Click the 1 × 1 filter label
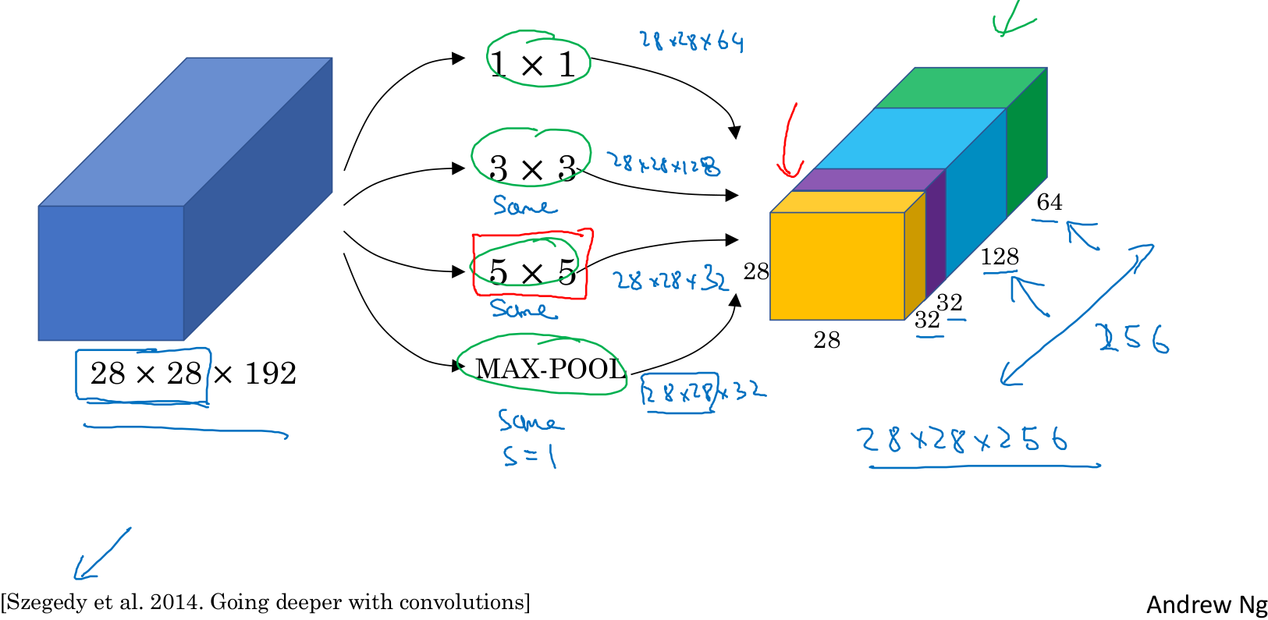[x=534, y=64]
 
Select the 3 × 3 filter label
[x=532, y=168]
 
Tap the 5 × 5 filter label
[x=532, y=272]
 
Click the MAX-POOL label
[x=551, y=369]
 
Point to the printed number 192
[x=270, y=374]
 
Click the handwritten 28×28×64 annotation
[x=691, y=41]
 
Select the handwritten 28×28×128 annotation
[x=664, y=164]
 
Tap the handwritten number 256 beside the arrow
[x=1134, y=339]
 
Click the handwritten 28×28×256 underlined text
[x=962, y=440]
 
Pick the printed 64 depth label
[x=1050, y=203]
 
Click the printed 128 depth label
[x=1000, y=257]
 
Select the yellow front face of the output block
[x=836, y=266]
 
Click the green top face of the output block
[x=960, y=87]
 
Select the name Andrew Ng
[x=1206, y=604]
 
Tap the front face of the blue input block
[x=111, y=273]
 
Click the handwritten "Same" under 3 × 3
[x=524, y=206]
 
